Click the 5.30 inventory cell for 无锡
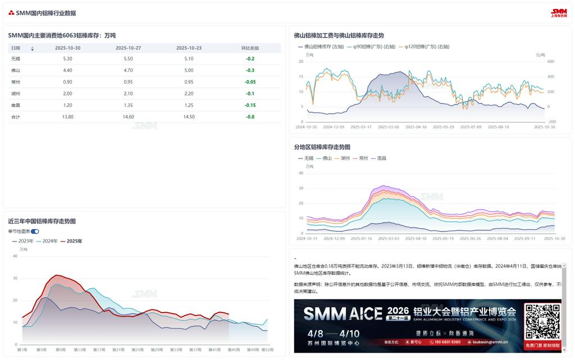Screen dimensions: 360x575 (67, 58)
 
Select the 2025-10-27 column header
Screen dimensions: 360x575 (128, 48)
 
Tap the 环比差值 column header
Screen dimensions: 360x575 (250, 48)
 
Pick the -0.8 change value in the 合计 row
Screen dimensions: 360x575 (250, 117)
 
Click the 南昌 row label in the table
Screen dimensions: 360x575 (16, 105)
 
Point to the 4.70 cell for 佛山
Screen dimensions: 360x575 (128, 70)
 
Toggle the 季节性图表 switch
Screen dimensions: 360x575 (35, 231)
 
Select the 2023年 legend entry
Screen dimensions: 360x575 (23, 241)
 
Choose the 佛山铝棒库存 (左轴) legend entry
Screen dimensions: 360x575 (321, 47)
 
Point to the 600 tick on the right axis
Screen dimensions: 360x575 (551, 62)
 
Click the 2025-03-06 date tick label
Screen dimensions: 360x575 (389, 127)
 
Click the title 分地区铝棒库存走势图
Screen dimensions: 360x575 (322, 147)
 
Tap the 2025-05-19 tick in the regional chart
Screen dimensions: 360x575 (444, 239)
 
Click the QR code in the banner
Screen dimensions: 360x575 (542, 322)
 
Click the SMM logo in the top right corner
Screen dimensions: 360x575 (559, 12)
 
